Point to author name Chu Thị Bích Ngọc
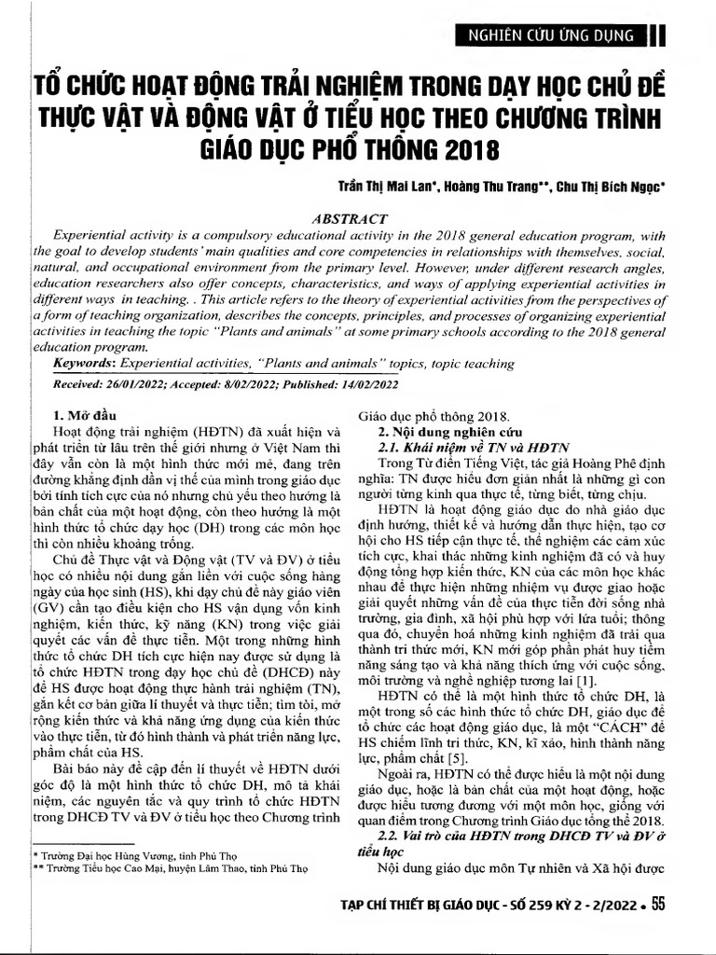tap(615, 186)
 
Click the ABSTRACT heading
tap(357, 214)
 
